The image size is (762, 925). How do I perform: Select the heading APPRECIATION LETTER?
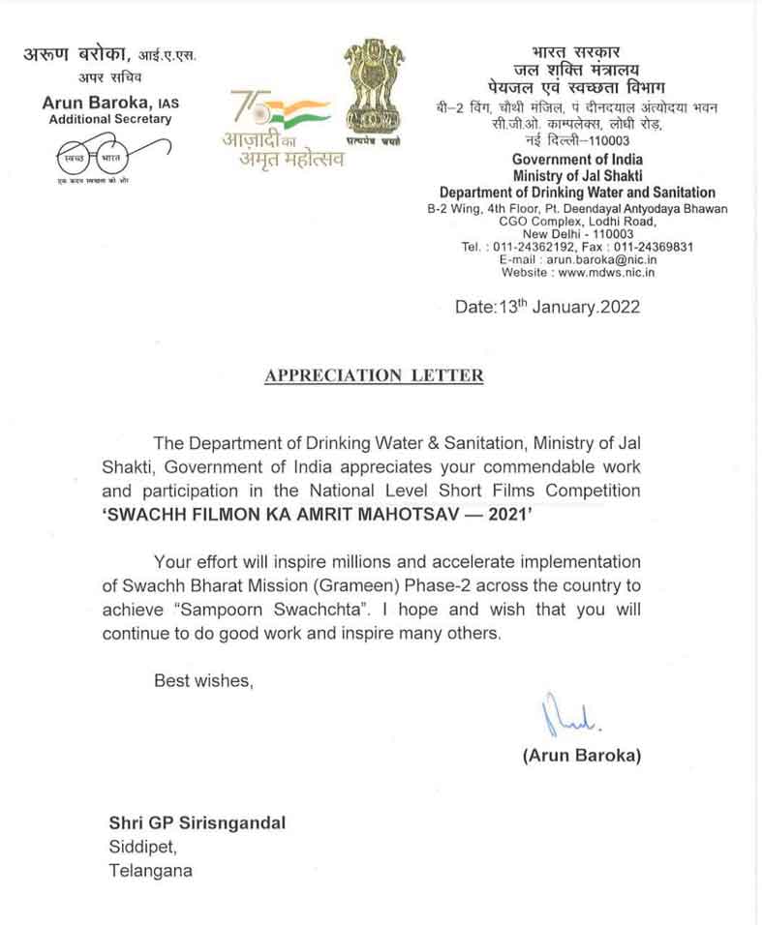click(374, 375)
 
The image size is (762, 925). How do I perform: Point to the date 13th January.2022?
click(547, 308)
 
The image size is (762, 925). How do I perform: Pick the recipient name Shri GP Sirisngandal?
click(197, 823)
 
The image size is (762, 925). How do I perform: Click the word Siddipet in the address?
click(140, 847)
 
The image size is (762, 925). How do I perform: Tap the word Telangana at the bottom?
click(149, 870)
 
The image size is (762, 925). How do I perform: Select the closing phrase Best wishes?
click(203, 681)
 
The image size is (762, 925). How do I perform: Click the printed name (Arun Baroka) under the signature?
click(581, 756)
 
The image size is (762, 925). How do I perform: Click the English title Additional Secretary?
click(110, 119)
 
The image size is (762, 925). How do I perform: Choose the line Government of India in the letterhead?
click(577, 159)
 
